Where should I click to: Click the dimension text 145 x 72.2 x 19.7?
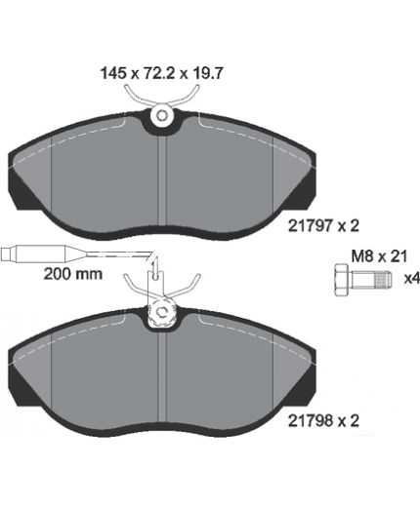pyautogui.click(x=161, y=73)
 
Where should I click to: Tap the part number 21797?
pyautogui.click(x=311, y=225)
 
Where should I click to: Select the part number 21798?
pyautogui.click(x=311, y=421)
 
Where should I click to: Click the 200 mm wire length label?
pyautogui.click(x=73, y=274)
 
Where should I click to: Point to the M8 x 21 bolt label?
pyautogui.click(x=379, y=256)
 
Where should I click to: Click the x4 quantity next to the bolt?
pyautogui.click(x=411, y=279)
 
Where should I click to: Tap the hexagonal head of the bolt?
pyautogui.click(x=343, y=280)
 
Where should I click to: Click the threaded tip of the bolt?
pyautogui.click(x=383, y=280)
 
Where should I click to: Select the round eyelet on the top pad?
pyautogui.click(x=162, y=115)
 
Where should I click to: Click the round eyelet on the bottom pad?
pyautogui.click(x=162, y=312)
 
